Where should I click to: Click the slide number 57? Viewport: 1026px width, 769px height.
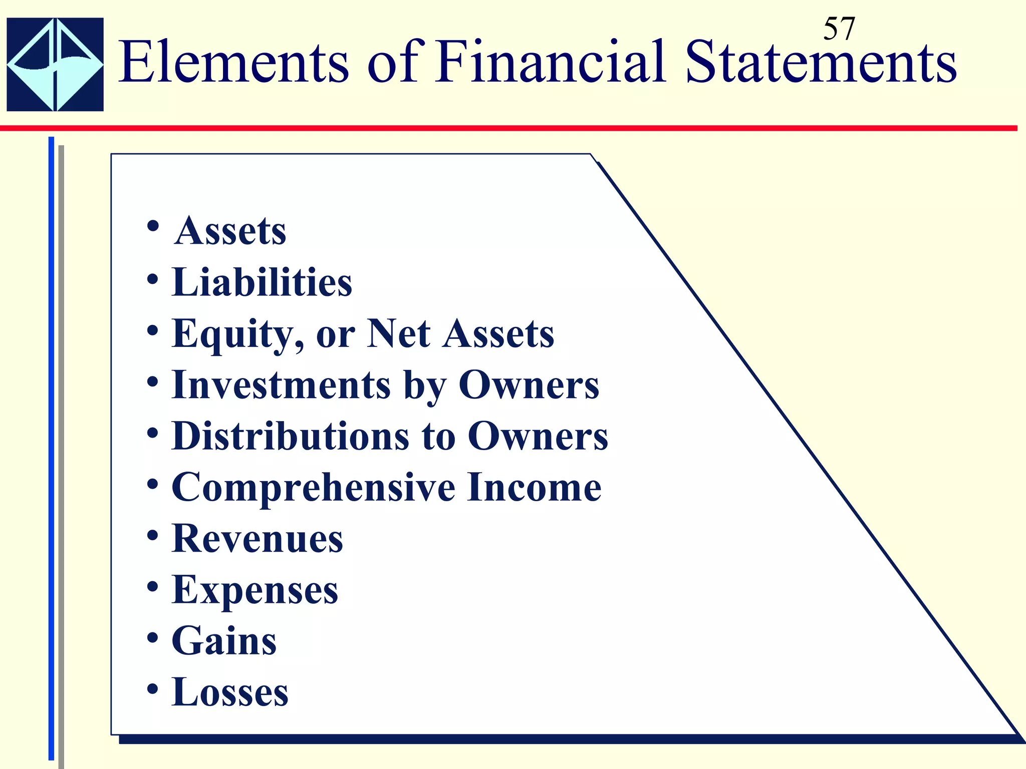pyautogui.click(x=839, y=29)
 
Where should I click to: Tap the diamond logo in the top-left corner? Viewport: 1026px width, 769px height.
pyautogui.click(x=55, y=64)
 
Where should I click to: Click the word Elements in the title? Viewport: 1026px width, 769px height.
pyautogui.click(x=233, y=63)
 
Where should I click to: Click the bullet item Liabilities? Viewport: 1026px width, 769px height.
pyautogui.click(x=262, y=282)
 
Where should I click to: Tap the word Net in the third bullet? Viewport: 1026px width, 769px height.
pyautogui.click(x=398, y=333)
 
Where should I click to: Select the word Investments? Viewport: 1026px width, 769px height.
pyautogui.click(x=281, y=385)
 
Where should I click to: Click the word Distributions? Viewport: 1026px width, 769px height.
pyautogui.click(x=290, y=436)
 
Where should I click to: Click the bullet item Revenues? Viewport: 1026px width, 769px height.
pyautogui.click(x=257, y=539)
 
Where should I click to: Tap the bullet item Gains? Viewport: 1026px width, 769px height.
pyautogui.click(x=224, y=641)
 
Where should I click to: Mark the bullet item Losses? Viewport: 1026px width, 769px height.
pyautogui.click(x=230, y=692)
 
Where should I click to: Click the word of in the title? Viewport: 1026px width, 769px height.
pyautogui.click(x=393, y=63)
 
